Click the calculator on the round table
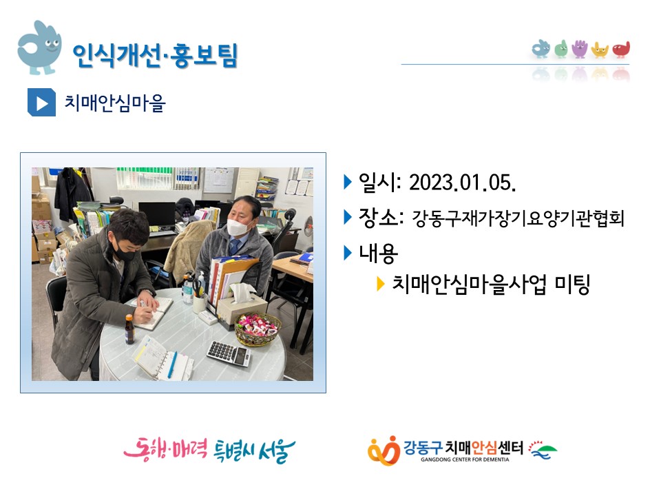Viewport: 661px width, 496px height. coord(229,353)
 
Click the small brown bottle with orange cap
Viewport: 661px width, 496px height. coord(129,329)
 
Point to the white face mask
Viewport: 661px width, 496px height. coord(238,227)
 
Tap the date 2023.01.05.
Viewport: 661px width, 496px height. coord(463,183)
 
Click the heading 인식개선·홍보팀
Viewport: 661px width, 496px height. coord(155,55)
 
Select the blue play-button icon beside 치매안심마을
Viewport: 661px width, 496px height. coord(41,102)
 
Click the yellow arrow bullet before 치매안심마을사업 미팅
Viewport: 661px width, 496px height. coord(380,285)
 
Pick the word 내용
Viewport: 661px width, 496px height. coord(378,253)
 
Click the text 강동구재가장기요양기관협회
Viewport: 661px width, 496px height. coord(518,218)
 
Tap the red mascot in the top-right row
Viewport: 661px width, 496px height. coord(621,50)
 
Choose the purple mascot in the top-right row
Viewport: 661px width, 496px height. coord(580,49)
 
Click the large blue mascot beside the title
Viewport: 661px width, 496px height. coord(39,48)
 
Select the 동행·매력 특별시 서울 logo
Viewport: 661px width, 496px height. coord(209,451)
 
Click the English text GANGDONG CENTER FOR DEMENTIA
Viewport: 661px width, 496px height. coord(465,459)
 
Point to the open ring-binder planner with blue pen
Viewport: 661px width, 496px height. coord(162,358)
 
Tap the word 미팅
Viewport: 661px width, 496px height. coord(572,285)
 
